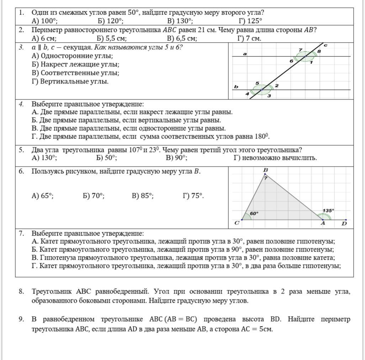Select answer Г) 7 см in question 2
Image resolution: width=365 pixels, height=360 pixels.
click(x=249, y=38)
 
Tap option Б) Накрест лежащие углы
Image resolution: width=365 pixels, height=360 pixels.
click(x=75, y=64)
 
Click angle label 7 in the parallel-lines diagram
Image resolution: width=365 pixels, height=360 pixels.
click(x=300, y=50)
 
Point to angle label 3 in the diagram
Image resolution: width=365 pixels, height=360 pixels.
click(x=269, y=96)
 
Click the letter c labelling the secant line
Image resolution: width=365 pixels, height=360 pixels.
click(x=325, y=45)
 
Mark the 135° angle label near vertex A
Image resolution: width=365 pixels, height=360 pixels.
click(x=328, y=210)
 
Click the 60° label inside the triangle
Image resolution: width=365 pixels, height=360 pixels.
click(x=254, y=213)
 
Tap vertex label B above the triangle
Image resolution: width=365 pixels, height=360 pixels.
click(x=265, y=170)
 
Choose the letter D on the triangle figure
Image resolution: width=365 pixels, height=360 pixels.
click(x=344, y=224)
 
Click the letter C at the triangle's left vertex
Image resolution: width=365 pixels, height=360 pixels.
click(x=237, y=223)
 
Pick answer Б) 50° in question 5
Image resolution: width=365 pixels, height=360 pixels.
click(x=107, y=158)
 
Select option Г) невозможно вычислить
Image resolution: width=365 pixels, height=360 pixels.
click(x=275, y=158)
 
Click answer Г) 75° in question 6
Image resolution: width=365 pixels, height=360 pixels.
click(x=193, y=195)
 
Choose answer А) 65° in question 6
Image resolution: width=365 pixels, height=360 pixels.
click(x=43, y=195)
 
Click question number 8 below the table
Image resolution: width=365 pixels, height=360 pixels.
click(x=22, y=291)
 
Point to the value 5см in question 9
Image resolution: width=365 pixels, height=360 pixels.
click(x=266, y=329)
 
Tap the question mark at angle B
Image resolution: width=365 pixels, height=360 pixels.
click(x=265, y=178)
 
